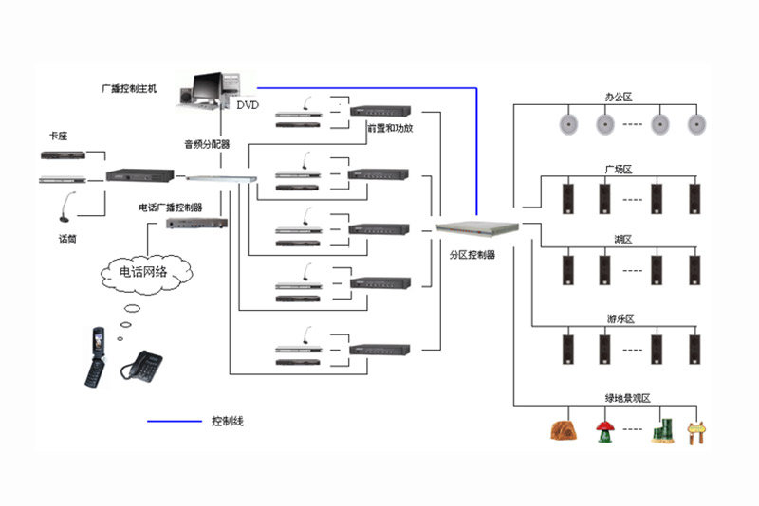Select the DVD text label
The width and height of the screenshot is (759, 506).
pyautogui.click(x=248, y=104)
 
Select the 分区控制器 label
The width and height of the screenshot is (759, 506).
pyautogui.click(x=472, y=254)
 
